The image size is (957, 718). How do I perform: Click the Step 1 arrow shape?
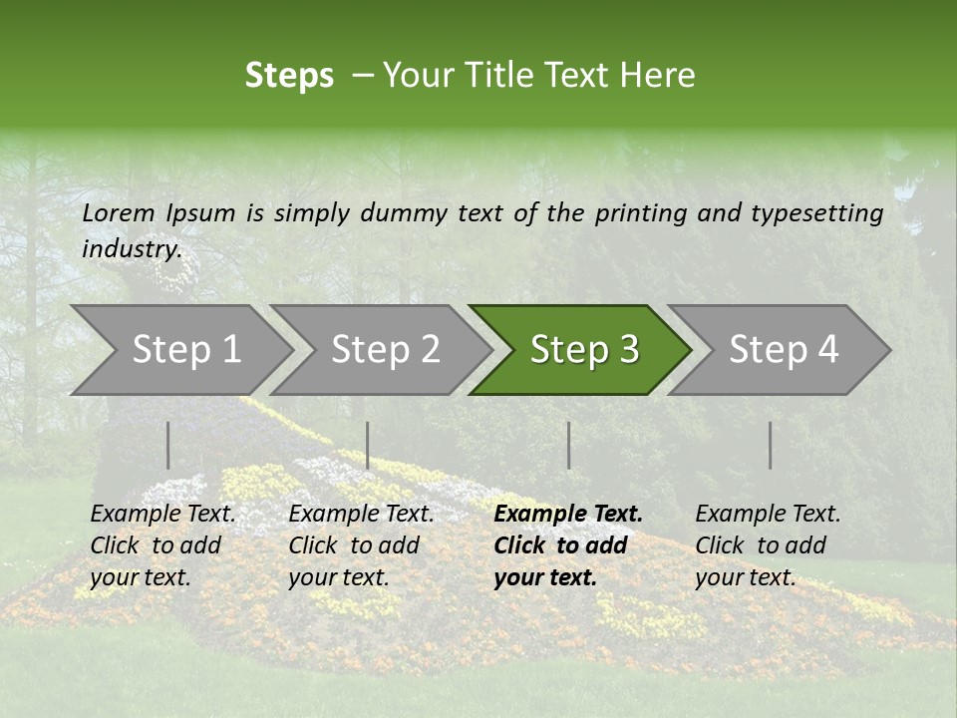pos(185,349)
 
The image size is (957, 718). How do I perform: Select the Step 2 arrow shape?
pos(385,349)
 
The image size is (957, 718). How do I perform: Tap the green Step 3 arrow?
pos(583,349)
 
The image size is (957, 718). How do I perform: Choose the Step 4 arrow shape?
pos(783,349)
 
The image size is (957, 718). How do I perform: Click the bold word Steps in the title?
pos(289,75)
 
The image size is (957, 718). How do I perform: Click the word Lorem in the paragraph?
pos(119,212)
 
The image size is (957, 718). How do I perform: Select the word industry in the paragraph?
pos(132,248)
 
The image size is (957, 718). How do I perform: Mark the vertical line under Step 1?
pos(168,445)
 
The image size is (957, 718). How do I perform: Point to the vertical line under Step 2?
pos(368,445)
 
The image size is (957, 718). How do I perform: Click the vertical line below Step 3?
pos(569,445)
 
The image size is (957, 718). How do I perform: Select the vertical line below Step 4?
pos(770,445)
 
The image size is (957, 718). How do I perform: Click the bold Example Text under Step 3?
pos(568,515)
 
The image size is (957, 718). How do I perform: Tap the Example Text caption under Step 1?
pos(162,515)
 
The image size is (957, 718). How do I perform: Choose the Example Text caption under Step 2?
pos(361,515)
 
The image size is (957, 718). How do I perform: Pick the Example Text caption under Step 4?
pos(768,515)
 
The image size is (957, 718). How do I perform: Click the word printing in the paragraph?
pos(641,212)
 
